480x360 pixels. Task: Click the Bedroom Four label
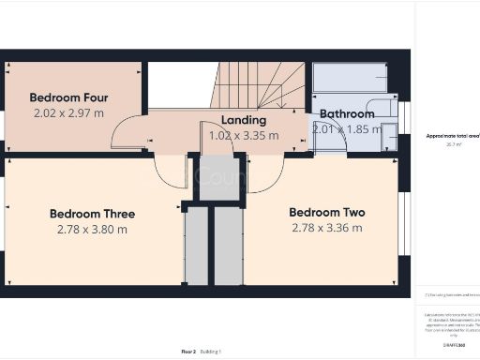[68, 97]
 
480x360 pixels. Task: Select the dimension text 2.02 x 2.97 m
[68, 113]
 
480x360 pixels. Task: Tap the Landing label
[244, 120]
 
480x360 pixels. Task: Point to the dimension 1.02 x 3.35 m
[244, 135]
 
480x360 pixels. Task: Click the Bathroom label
[347, 114]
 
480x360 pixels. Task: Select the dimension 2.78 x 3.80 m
[91, 230]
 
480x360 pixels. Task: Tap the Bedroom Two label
[327, 213]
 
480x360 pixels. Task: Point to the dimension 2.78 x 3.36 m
[327, 228]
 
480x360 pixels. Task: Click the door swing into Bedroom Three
[169, 171]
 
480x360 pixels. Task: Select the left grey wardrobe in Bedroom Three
[196, 246]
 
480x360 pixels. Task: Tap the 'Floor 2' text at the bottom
[188, 352]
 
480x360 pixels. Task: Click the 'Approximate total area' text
[452, 136]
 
